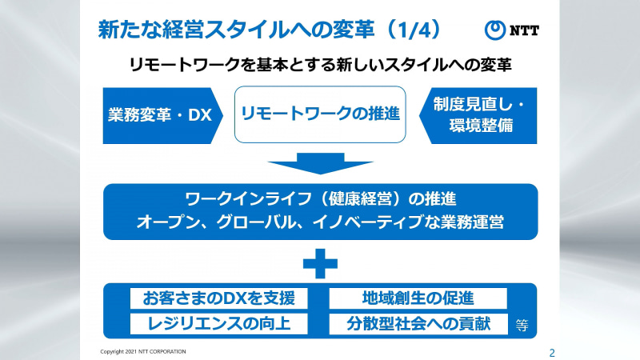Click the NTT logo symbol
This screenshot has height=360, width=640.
pos(497,30)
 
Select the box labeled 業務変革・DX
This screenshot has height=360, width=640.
pos(159,114)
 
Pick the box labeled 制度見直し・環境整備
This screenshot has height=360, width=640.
pos(478,114)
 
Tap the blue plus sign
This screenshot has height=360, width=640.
pos(320,262)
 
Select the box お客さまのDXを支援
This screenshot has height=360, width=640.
pos(218,298)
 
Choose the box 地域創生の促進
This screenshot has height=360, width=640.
pos(418,298)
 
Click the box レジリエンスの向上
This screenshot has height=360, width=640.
pos(218,323)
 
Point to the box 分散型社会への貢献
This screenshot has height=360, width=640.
pos(418,323)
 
